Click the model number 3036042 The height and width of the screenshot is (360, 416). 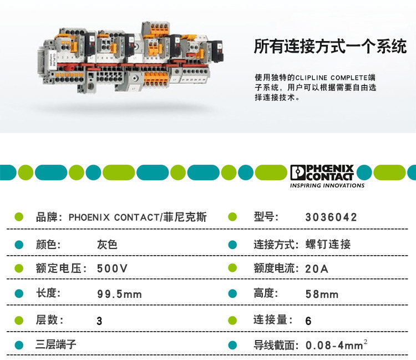(331, 217)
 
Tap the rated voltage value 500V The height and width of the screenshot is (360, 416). (112, 268)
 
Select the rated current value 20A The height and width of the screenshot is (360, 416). (317, 268)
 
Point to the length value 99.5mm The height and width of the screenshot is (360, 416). (119, 294)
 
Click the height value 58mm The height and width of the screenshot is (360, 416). (322, 294)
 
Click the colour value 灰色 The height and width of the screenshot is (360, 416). (107, 244)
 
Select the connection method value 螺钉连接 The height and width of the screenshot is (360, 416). (328, 244)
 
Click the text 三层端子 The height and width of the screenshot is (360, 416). (56, 345)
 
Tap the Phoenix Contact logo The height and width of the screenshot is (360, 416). (322, 173)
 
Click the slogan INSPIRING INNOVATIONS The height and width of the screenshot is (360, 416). (327, 186)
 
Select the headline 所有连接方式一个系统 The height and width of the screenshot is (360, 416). (330, 47)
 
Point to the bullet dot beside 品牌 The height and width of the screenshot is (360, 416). (18, 217)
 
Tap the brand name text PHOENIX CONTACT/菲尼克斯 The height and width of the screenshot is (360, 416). (138, 217)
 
